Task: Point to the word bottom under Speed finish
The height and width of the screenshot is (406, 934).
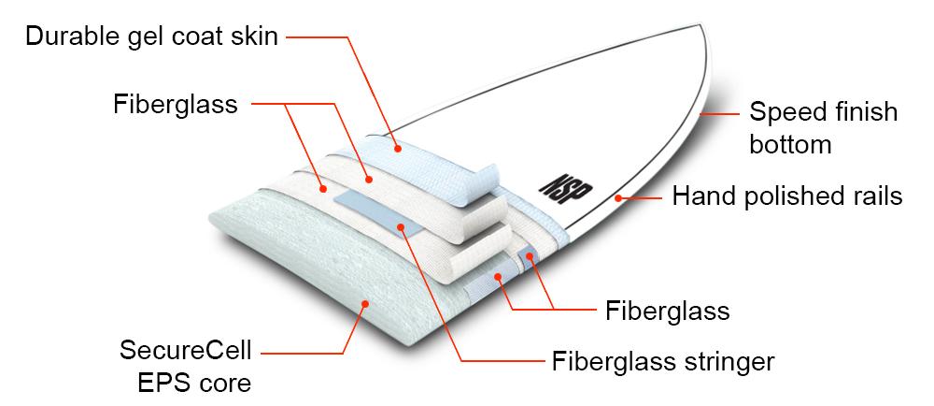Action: click(790, 145)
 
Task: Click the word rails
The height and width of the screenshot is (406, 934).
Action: click(874, 196)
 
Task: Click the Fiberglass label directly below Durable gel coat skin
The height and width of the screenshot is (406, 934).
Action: click(176, 103)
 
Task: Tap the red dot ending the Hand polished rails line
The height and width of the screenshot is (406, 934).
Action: click(616, 197)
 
